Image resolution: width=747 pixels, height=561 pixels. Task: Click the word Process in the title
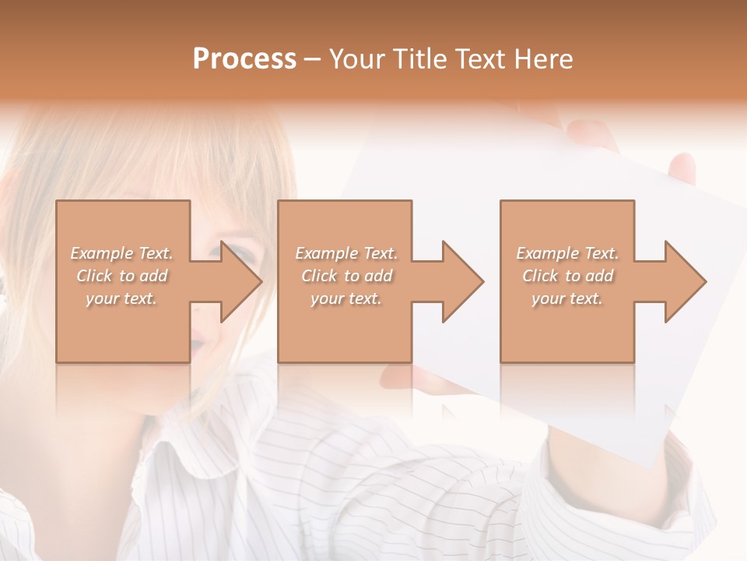[x=244, y=59]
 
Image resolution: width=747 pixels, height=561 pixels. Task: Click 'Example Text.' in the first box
[x=121, y=253]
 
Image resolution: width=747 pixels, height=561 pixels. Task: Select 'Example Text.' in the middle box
[x=345, y=253]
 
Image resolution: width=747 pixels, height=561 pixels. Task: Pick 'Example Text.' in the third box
[x=567, y=253]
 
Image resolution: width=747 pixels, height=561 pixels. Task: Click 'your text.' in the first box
[x=121, y=298]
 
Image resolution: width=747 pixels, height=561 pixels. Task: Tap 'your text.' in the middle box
[x=345, y=298]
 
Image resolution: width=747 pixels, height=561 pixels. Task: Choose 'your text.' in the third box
[x=567, y=298]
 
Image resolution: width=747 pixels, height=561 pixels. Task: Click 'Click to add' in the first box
[x=121, y=276]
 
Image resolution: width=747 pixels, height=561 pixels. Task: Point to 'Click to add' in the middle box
[x=345, y=276]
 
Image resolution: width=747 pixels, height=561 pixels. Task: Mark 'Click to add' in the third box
[x=567, y=276]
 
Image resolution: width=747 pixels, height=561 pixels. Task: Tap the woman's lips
[x=199, y=343]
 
